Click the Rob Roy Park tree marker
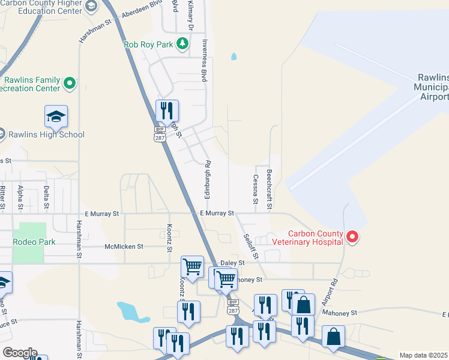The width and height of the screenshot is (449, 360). tap(183, 44)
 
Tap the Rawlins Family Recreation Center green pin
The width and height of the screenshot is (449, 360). tap(70, 83)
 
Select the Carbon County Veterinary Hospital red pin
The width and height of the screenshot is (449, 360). tap(353, 238)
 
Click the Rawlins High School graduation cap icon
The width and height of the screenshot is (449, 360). tap(56, 116)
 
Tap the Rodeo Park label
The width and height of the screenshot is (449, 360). tap(35, 242)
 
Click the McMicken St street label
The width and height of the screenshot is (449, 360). tap(124, 246)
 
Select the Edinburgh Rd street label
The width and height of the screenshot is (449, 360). tap(207, 179)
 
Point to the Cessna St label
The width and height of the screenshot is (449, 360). tap(256, 187)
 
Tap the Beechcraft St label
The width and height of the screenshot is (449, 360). tap(270, 189)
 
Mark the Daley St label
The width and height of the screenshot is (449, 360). tap(232, 263)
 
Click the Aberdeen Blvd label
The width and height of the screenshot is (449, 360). tap(142, 14)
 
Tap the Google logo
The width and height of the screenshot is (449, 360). tap(20, 353)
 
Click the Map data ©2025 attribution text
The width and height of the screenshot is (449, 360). tap(423, 355)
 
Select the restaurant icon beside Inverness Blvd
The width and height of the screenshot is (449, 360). tap(167, 111)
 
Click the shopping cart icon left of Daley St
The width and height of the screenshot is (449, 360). tap(192, 266)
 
